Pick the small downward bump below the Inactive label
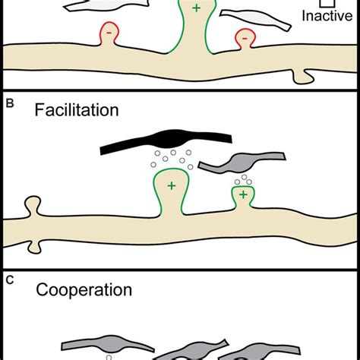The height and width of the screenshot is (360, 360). pos(305,75)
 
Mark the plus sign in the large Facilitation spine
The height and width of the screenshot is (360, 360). pos(172,185)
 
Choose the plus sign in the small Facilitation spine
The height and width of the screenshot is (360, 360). pos(242,195)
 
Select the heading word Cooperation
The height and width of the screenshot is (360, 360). pos(84,289)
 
